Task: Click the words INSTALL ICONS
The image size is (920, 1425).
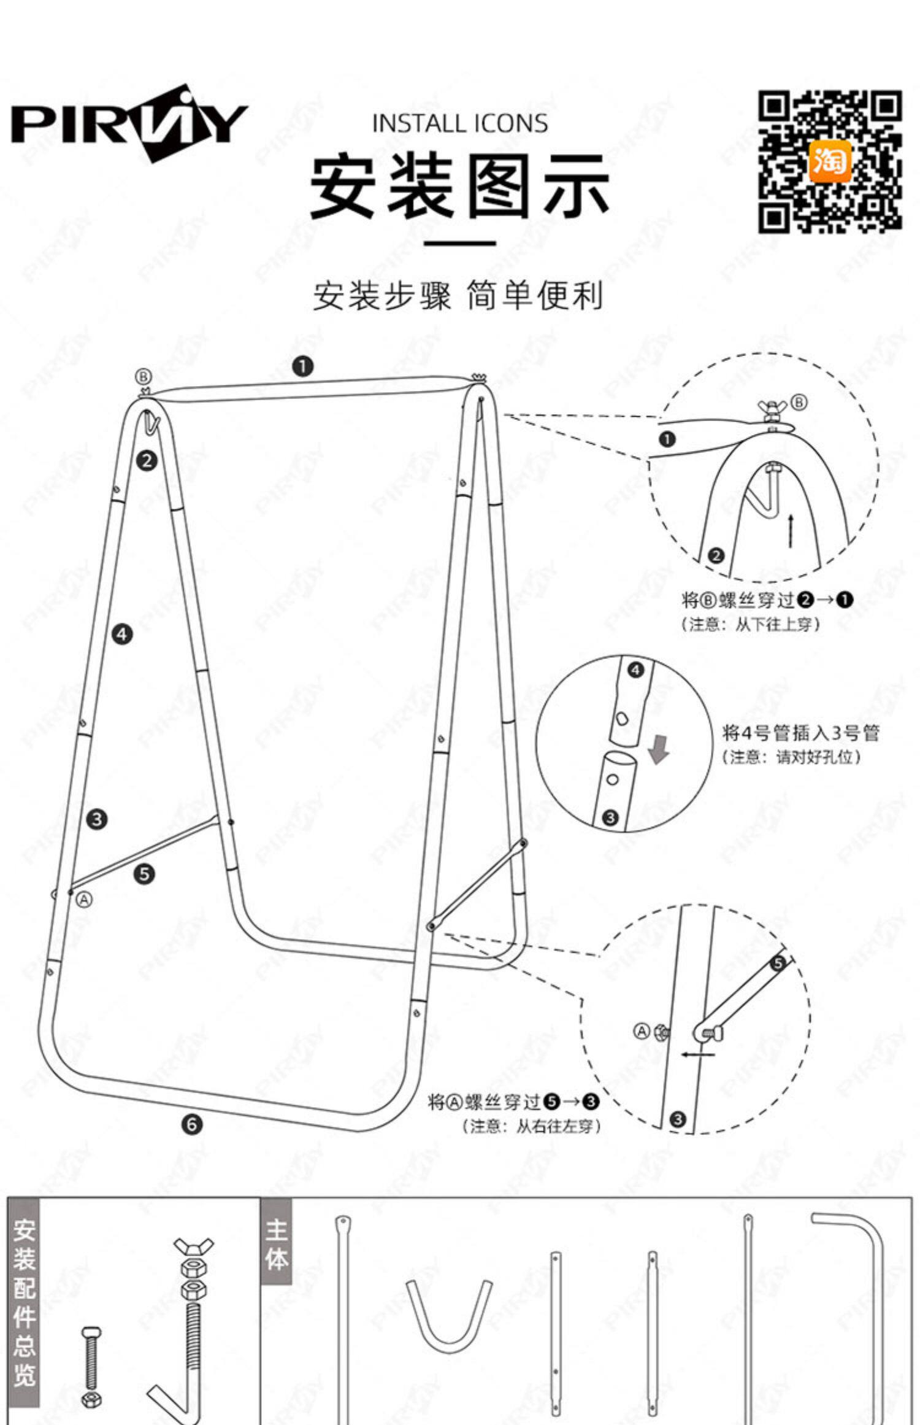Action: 460,124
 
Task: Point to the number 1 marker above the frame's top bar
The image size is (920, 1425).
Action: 303,367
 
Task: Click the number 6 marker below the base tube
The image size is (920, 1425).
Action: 192,1124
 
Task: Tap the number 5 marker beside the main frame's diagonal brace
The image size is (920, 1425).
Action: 145,874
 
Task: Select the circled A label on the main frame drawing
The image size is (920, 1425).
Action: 85,900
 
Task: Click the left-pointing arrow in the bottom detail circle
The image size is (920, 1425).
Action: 697,1055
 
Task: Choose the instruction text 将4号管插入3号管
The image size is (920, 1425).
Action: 800,733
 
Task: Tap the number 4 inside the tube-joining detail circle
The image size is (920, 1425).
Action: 636,670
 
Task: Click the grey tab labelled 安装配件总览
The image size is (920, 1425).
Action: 24,1311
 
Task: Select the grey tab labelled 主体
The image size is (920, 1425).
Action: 277,1241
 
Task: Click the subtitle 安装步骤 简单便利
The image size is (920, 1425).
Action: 459,296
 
